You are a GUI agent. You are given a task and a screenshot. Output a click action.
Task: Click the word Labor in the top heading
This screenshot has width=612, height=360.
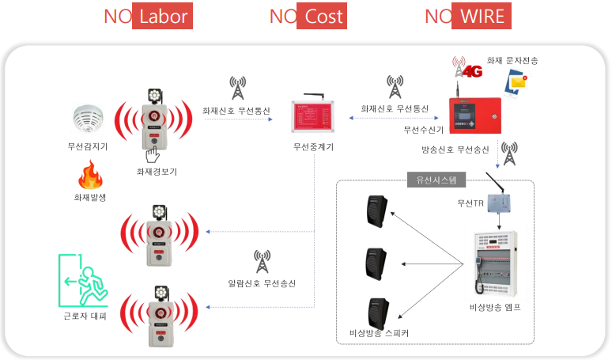162,17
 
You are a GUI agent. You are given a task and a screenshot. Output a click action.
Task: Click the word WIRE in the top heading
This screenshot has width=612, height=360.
480,17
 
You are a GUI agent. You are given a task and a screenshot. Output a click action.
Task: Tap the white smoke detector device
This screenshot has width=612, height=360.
86,119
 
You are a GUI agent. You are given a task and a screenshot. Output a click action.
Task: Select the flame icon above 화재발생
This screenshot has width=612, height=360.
88,176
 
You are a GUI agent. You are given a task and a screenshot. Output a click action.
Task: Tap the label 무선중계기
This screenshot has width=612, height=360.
313,147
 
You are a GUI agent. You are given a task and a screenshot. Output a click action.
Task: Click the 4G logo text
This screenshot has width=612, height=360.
471,72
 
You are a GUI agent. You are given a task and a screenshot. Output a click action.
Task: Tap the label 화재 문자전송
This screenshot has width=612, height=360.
514,60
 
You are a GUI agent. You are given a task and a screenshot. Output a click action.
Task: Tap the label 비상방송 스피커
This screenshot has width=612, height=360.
379,332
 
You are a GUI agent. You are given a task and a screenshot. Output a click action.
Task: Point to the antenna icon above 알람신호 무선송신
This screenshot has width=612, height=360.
261,261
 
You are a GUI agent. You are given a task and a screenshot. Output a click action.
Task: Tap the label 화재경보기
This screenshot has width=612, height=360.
156,170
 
